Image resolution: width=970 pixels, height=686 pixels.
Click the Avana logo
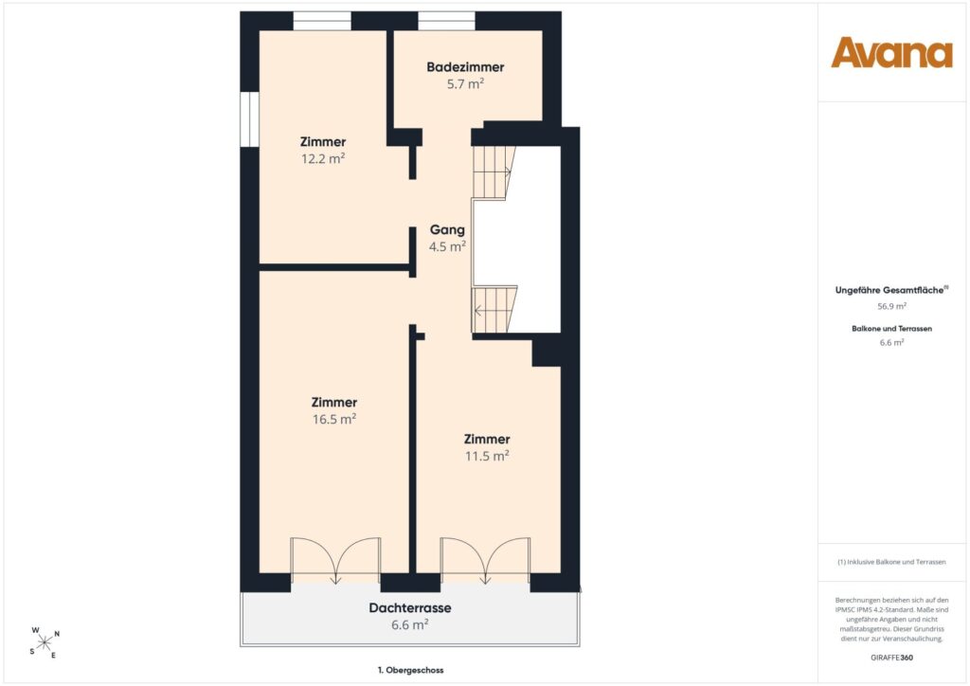891,52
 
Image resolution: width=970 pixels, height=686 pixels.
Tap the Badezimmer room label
465,67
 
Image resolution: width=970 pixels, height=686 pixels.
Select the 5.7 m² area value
465,83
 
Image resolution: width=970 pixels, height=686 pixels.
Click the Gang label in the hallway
447,229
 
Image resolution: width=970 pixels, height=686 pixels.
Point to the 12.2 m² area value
323,158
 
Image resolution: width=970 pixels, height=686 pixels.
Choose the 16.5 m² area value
334,419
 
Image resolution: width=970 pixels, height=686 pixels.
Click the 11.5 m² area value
487,456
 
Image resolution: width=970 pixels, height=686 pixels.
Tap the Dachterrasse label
410,607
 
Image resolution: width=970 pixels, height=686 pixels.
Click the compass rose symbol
45,643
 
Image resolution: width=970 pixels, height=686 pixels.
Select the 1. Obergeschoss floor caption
411,670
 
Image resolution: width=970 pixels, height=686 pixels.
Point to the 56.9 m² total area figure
891,306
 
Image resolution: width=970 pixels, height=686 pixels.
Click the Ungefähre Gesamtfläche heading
890,290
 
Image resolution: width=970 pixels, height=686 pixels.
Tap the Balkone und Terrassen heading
891,329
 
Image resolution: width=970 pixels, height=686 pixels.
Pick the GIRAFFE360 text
891,658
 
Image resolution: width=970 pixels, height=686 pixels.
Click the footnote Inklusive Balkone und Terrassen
891,562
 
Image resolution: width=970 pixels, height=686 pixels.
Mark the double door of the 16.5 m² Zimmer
335,560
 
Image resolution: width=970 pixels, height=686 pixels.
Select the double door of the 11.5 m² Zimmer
486,560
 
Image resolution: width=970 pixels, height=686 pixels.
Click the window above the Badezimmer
447,21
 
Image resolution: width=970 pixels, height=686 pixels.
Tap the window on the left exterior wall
249,119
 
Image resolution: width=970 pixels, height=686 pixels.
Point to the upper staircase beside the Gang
494,171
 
